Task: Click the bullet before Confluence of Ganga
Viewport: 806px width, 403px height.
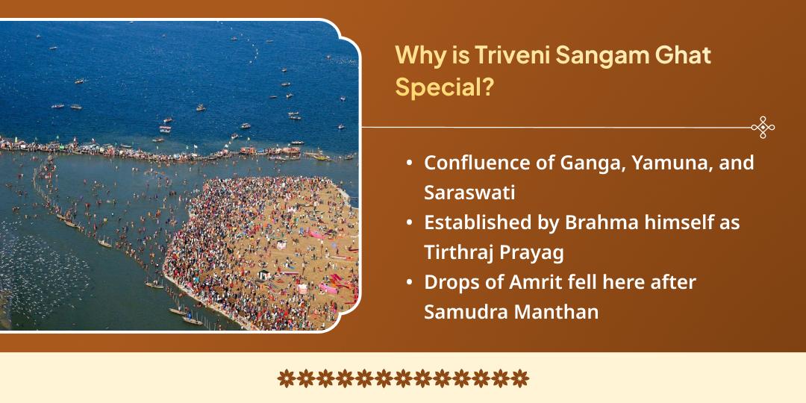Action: [410, 163]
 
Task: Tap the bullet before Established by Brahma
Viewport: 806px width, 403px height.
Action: [410, 223]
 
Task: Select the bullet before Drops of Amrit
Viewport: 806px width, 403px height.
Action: [410, 283]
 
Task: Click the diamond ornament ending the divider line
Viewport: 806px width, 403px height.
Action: [762, 127]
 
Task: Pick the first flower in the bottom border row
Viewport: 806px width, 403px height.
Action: [286, 378]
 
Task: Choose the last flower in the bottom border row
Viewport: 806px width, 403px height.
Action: [520, 378]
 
